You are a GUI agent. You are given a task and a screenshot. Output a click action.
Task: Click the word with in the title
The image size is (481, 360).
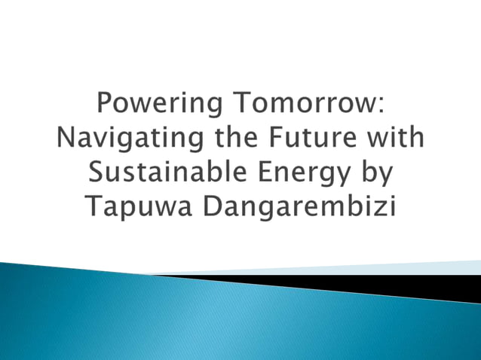(397, 139)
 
